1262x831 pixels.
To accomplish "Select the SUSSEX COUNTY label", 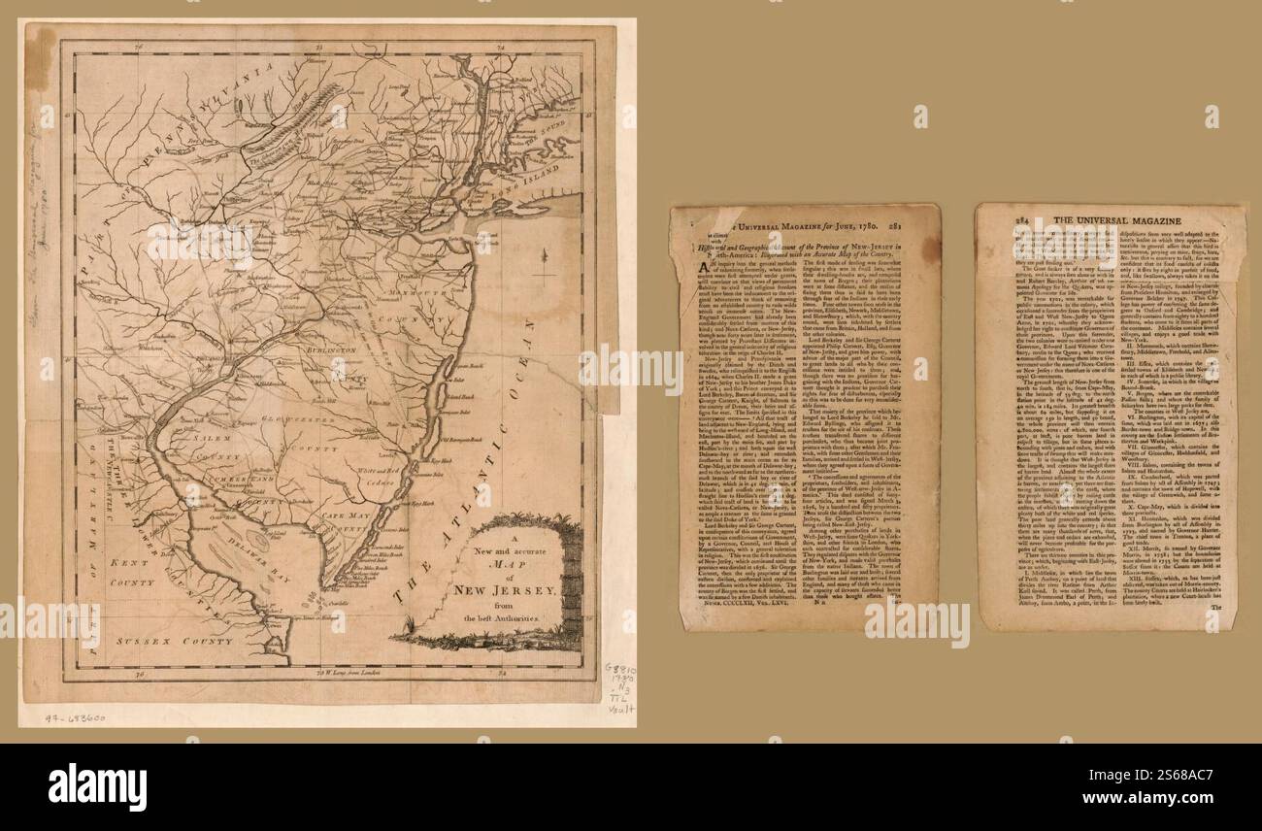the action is coord(173,642).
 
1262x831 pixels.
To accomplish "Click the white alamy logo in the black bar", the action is coord(97,783).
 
